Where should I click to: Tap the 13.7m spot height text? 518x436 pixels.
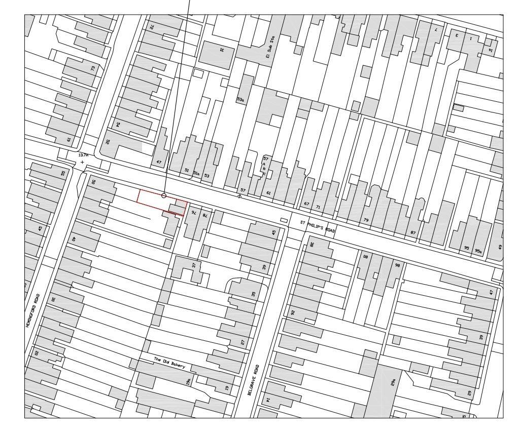point(83,155)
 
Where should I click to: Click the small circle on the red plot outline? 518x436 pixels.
point(164,195)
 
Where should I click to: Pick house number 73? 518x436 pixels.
point(93,68)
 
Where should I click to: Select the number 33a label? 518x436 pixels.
point(241,100)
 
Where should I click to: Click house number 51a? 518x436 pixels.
point(196,173)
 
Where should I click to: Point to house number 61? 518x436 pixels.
point(269,193)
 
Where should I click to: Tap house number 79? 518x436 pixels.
point(366,220)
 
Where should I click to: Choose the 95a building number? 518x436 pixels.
point(478,251)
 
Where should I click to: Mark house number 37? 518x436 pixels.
point(193,265)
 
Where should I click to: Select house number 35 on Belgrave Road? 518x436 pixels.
point(253,294)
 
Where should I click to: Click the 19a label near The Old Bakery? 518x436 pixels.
point(187,381)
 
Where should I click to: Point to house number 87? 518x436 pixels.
point(413,233)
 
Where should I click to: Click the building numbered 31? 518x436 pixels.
point(221,50)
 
